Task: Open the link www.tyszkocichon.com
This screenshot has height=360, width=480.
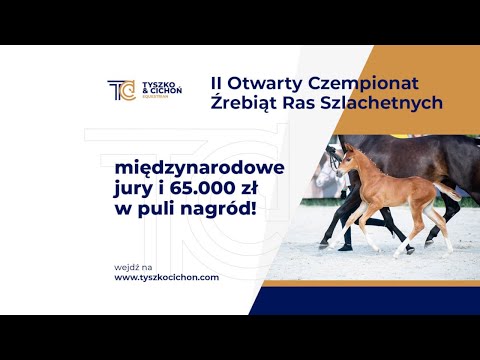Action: tap(166, 277)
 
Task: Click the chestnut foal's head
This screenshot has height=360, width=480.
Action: tap(345, 160)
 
